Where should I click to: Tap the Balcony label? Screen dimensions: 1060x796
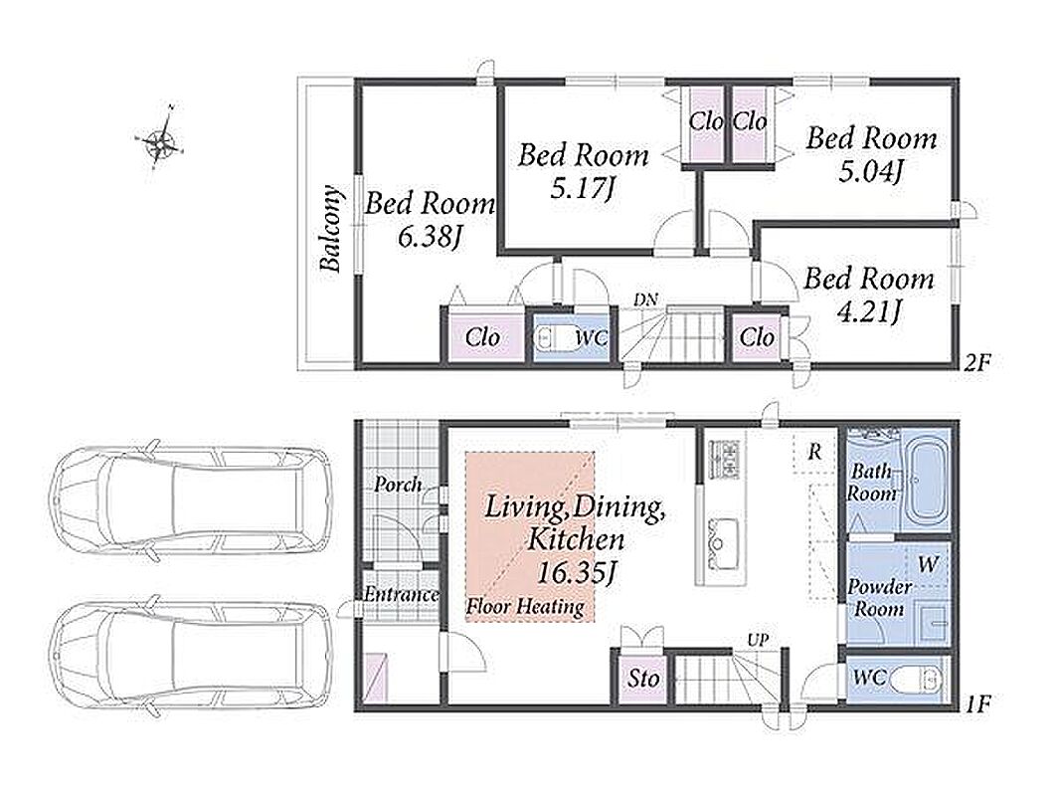pos(331,229)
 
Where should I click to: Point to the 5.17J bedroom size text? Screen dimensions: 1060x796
pos(582,188)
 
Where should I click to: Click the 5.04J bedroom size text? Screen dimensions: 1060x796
pos(871,172)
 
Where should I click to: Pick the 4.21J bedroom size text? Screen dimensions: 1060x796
pos(868,311)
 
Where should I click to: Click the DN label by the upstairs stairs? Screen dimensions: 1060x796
pos(645,299)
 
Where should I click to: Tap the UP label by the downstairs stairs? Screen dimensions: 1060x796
pos(758,639)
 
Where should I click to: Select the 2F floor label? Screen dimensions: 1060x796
pos(976,363)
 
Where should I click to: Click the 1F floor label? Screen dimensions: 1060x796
pos(976,704)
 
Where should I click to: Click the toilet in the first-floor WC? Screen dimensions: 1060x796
pos(916,680)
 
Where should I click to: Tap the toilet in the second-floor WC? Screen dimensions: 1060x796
pos(553,336)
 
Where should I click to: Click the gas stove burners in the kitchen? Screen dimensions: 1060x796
pos(723,459)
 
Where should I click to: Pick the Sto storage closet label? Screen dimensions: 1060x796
pos(642,678)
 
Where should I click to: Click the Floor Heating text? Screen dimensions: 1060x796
pos(525,606)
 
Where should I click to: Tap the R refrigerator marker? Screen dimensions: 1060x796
pos(814,451)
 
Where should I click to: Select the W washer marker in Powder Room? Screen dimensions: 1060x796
pos(928,563)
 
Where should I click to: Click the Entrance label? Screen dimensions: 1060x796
pos(402,594)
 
